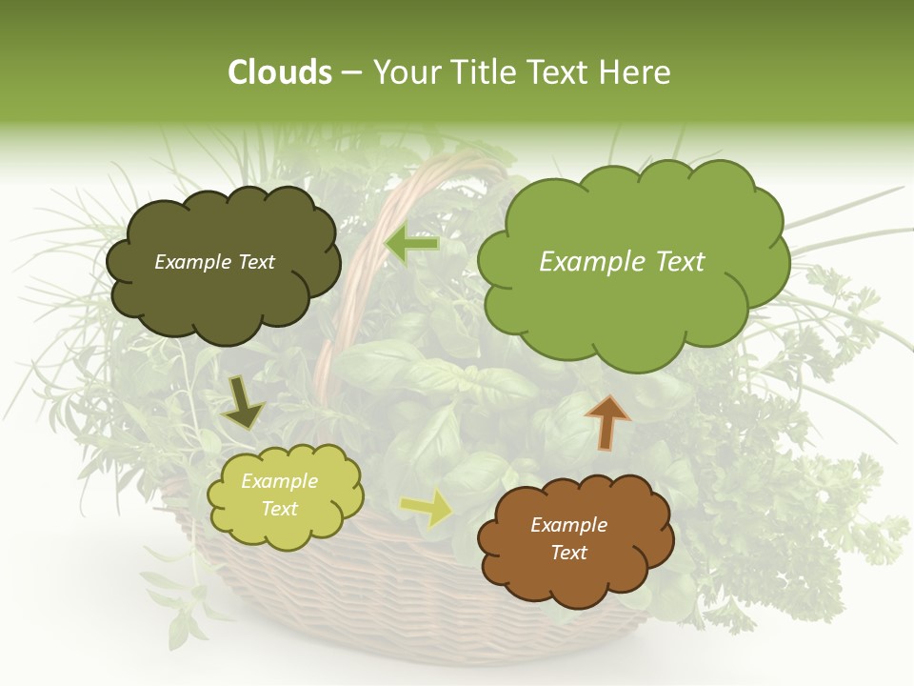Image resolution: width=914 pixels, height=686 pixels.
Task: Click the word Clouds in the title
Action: click(279, 72)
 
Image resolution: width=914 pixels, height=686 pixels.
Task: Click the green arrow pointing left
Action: click(412, 245)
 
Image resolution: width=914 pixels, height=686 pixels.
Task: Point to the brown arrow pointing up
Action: click(607, 420)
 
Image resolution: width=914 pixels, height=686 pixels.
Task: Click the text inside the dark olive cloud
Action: click(214, 262)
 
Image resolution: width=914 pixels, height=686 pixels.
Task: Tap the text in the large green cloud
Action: click(622, 262)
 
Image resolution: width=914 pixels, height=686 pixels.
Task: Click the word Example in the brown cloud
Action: click(568, 525)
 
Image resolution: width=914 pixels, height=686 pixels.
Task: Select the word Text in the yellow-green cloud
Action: click(279, 510)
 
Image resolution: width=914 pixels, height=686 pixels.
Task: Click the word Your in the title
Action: click(401, 72)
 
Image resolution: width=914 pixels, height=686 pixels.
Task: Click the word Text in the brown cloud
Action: click(568, 553)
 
